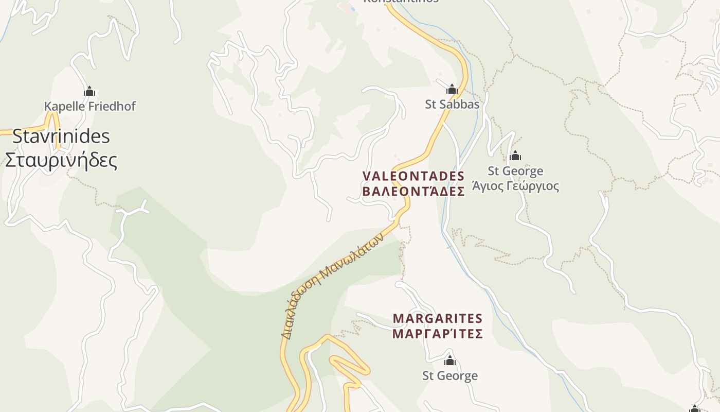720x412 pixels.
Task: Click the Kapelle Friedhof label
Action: tap(89, 106)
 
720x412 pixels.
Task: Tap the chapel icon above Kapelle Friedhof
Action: tap(89, 92)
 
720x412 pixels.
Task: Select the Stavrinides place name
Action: tap(61, 136)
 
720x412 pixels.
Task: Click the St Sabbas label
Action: tap(452, 104)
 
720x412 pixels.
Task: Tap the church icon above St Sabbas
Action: tap(452, 90)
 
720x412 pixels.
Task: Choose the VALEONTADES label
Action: tap(413, 176)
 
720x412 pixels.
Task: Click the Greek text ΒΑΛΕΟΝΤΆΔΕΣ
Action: tap(413, 192)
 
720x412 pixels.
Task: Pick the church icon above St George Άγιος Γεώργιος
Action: tap(515, 156)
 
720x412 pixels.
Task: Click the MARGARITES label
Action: tap(438, 319)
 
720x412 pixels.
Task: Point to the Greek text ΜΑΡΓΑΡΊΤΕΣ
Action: tap(438, 334)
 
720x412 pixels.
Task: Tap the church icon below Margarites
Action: tap(450, 360)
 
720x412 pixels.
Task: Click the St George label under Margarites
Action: tap(450, 376)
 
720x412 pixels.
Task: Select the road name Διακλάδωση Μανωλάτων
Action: tap(332, 286)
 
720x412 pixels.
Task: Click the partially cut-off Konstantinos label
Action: tap(401, 2)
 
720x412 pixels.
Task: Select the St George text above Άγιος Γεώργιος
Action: tap(515, 170)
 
